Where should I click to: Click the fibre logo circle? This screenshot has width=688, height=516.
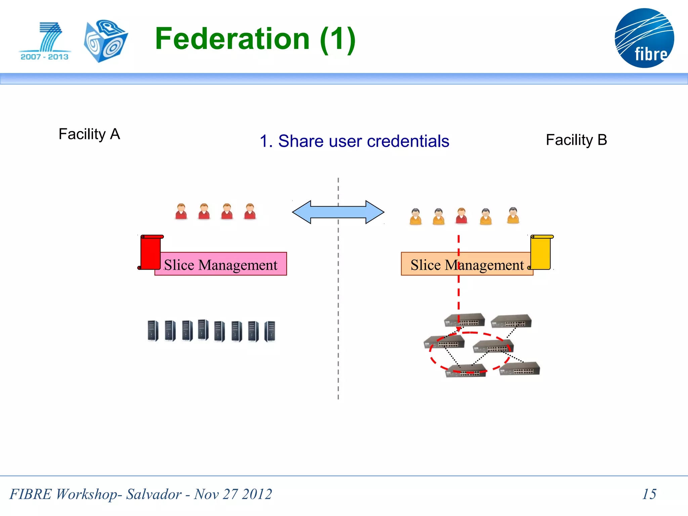[x=644, y=38]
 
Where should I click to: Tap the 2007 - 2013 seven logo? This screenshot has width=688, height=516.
[x=45, y=41]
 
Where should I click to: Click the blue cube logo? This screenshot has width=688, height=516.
[x=105, y=41]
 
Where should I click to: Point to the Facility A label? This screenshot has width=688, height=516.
[x=89, y=134]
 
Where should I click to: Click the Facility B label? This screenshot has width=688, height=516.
[x=576, y=140]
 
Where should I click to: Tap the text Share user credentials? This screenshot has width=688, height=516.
[x=363, y=141]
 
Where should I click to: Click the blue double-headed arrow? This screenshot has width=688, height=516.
[x=338, y=212]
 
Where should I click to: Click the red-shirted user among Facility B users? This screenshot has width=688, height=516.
[x=462, y=216]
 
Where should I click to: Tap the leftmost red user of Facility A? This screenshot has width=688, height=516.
[x=181, y=211]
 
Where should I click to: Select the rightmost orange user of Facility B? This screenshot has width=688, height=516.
[x=513, y=215]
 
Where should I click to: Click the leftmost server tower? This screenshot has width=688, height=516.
[x=153, y=331]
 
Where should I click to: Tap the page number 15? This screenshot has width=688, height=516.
[x=649, y=494]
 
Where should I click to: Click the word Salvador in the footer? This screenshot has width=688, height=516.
[x=154, y=494]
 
